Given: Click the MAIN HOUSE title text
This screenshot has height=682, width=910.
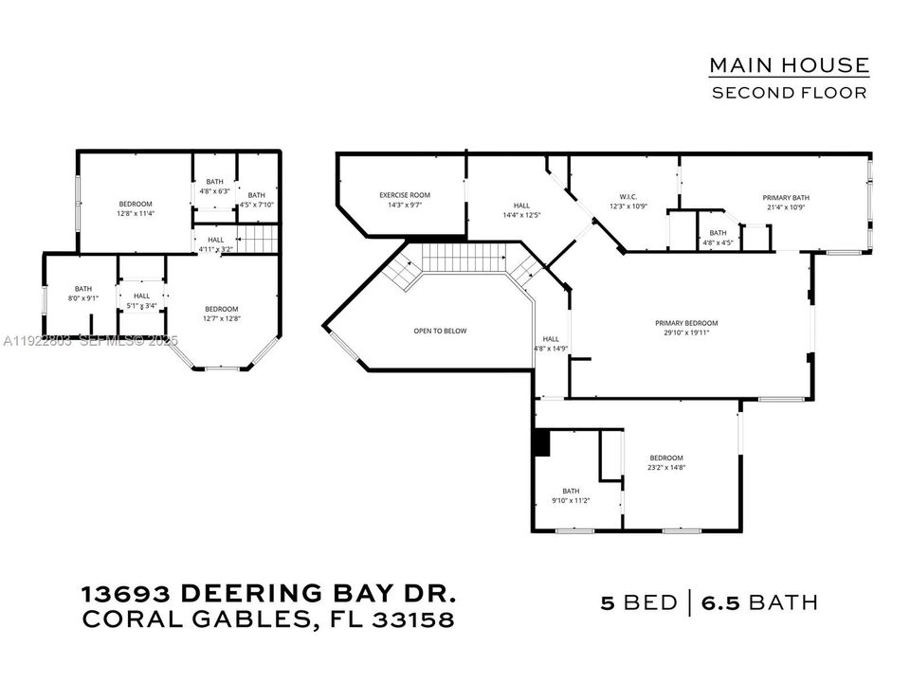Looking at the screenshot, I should pyautogui.click(x=789, y=65).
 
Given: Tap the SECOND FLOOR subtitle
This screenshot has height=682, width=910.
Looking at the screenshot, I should pyautogui.click(x=789, y=93).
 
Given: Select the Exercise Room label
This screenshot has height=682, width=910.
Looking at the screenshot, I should pyautogui.click(x=404, y=200).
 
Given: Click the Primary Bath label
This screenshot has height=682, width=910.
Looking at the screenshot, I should pyautogui.click(x=786, y=203).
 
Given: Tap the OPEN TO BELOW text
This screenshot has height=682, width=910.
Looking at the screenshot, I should pyautogui.click(x=440, y=331).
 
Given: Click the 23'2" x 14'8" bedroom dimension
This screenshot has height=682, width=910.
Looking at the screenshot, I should pyautogui.click(x=665, y=462).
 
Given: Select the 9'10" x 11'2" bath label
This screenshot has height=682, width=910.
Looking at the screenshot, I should pyautogui.click(x=571, y=495).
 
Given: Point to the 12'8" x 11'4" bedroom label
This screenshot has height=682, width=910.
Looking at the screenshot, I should pyautogui.click(x=135, y=208).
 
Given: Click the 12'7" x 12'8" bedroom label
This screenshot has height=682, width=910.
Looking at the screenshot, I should pyautogui.click(x=222, y=314).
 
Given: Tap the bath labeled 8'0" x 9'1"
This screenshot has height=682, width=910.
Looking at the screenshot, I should pyautogui.click(x=83, y=294).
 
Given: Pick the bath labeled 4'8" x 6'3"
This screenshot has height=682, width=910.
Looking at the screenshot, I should pyautogui.click(x=214, y=187).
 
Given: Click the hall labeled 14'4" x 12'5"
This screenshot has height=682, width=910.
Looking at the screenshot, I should pyautogui.click(x=521, y=210).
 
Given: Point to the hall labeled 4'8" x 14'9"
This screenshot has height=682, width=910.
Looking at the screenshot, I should pyautogui.click(x=551, y=343).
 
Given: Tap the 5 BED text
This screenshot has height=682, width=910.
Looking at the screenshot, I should pyautogui.click(x=639, y=602).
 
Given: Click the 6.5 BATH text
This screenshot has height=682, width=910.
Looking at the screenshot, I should pyautogui.click(x=758, y=602).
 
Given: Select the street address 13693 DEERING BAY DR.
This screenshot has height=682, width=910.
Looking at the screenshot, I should pyautogui.click(x=269, y=595).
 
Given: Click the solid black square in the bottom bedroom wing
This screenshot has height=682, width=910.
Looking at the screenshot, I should pyautogui.click(x=542, y=442).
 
